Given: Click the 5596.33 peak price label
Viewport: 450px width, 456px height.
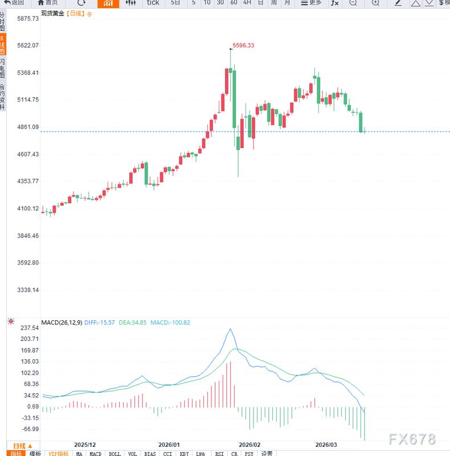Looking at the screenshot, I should coord(243,46).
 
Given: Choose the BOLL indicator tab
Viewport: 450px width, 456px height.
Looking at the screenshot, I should coord(114,454).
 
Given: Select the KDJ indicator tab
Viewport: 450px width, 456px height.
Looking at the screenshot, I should coord(184,454).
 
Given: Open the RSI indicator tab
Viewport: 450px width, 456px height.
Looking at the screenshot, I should coord(219,454).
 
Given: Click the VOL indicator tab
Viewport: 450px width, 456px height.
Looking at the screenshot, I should coord(132,454).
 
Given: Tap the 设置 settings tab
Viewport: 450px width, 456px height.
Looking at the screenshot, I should coord(267,454).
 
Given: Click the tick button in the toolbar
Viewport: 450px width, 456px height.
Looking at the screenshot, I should coord(153,3).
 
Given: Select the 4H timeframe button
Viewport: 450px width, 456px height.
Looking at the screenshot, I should coord(247,3).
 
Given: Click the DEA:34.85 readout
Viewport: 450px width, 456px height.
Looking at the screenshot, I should coord(132,323).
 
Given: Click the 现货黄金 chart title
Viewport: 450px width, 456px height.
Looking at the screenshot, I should coord(52,13).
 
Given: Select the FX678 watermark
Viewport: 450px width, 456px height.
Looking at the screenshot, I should coord(412,439).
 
